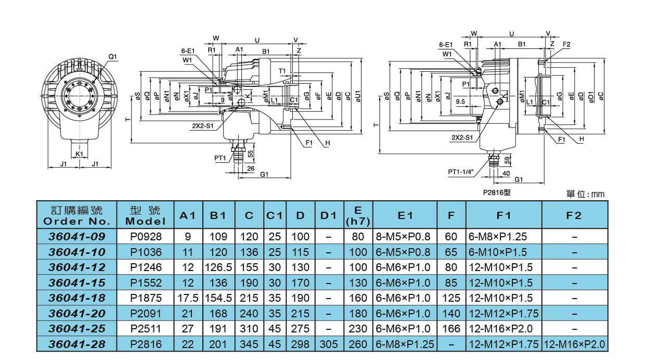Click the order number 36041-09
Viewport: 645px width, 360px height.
(x=76, y=236)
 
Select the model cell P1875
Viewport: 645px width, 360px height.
(x=146, y=298)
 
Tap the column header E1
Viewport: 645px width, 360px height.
(x=405, y=215)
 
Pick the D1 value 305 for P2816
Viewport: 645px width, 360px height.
(x=329, y=344)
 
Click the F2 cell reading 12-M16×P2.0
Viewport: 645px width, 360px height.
(x=574, y=344)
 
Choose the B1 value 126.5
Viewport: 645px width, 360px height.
(x=218, y=267)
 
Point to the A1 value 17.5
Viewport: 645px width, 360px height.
(x=188, y=298)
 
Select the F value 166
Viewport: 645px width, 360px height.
(x=451, y=328)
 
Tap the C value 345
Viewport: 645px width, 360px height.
(x=249, y=344)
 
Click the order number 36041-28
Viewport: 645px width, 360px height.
(x=76, y=344)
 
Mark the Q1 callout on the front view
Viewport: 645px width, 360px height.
(x=113, y=56)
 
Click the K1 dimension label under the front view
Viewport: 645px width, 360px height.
(x=79, y=154)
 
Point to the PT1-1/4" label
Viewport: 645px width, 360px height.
(x=461, y=172)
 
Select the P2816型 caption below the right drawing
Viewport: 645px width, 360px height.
(x=497, y=192)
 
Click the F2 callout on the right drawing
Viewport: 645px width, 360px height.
(x=566, y=44)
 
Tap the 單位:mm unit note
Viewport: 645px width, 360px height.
(x=585, y=194)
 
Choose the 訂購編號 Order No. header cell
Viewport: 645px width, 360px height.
(x=76, y=215)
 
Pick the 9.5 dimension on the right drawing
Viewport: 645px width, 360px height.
(x=460, y=102)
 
